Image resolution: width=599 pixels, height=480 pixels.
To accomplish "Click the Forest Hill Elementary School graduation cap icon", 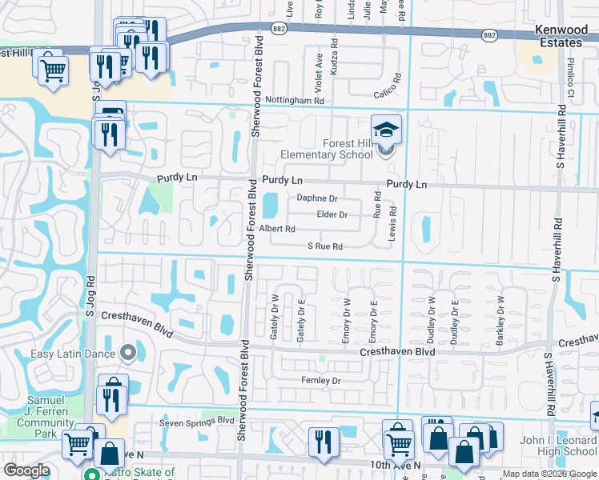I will click(x=385, y=129).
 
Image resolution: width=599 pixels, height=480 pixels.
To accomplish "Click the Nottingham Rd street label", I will click(x=296, y=101).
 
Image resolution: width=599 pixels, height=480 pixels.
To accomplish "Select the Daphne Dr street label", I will click(x=317, y=198).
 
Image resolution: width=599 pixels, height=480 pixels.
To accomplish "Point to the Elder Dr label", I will click(x=332, y=214).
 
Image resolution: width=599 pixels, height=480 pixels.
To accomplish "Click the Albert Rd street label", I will click(x=277, y=229).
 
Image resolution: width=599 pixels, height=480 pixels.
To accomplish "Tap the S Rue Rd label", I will click(x=325, y=246).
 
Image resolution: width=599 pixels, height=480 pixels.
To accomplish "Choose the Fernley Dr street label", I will click(x=320, y=380).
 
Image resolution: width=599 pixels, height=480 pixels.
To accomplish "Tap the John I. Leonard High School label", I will click(x=558, y=446).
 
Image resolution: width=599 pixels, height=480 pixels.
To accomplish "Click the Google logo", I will click(x=26, y=470).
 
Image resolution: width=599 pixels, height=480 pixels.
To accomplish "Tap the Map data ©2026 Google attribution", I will click(x=549, y=474).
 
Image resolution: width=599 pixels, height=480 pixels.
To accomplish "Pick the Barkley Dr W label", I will click(x=501, y=321).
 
